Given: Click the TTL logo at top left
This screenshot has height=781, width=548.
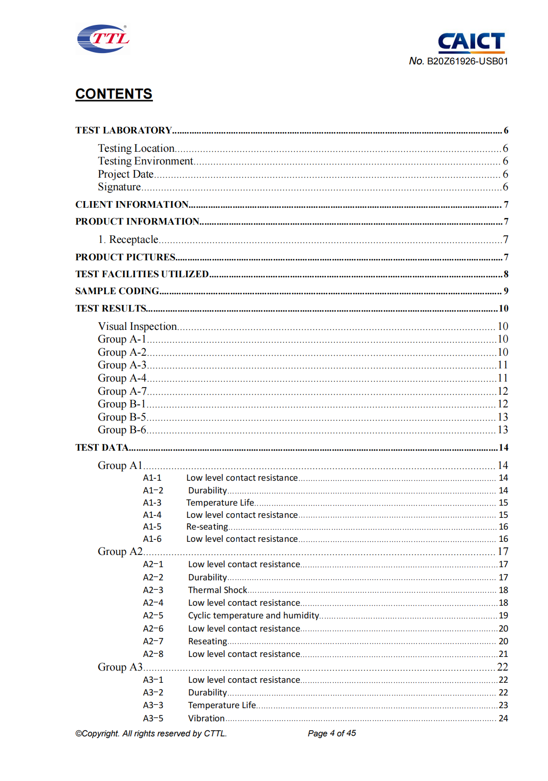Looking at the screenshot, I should tap(103, 39).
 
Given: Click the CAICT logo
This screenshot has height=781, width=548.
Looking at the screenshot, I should tap(471, 42).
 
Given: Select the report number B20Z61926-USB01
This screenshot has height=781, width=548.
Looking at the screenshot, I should tap(467, 61).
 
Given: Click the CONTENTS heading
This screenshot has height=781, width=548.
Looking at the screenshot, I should tap(114, 94).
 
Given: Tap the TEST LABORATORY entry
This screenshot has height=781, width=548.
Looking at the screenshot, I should tap(124, 130).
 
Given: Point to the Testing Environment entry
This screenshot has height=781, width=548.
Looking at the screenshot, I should tap(145, 161).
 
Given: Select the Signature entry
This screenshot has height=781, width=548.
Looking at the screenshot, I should tap(119, 187).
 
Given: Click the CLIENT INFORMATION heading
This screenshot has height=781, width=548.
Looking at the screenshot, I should tap(132, 204).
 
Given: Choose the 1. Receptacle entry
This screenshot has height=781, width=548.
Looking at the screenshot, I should tap(128, 240).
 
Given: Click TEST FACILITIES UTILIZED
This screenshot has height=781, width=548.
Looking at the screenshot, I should tap(142, 274).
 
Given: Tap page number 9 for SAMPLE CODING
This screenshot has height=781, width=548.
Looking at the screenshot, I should tap(506, 291).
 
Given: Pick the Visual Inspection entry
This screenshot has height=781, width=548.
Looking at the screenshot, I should tap(137, 326).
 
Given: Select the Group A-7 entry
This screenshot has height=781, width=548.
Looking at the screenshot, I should tap(122, 391).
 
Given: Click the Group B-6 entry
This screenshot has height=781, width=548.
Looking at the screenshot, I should tap(122, 430).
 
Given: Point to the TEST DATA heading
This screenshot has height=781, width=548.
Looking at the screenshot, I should tap(102, 447).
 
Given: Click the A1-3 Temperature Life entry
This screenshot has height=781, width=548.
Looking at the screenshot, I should tap(220, 502).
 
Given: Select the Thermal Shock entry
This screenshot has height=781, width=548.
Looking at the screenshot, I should tap(217, 590).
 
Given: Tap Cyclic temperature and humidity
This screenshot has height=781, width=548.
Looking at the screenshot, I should tap(254, 615).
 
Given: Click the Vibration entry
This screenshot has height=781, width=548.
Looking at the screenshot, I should tap(206, 718).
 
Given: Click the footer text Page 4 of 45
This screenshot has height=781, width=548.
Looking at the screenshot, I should tap(332, 733).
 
